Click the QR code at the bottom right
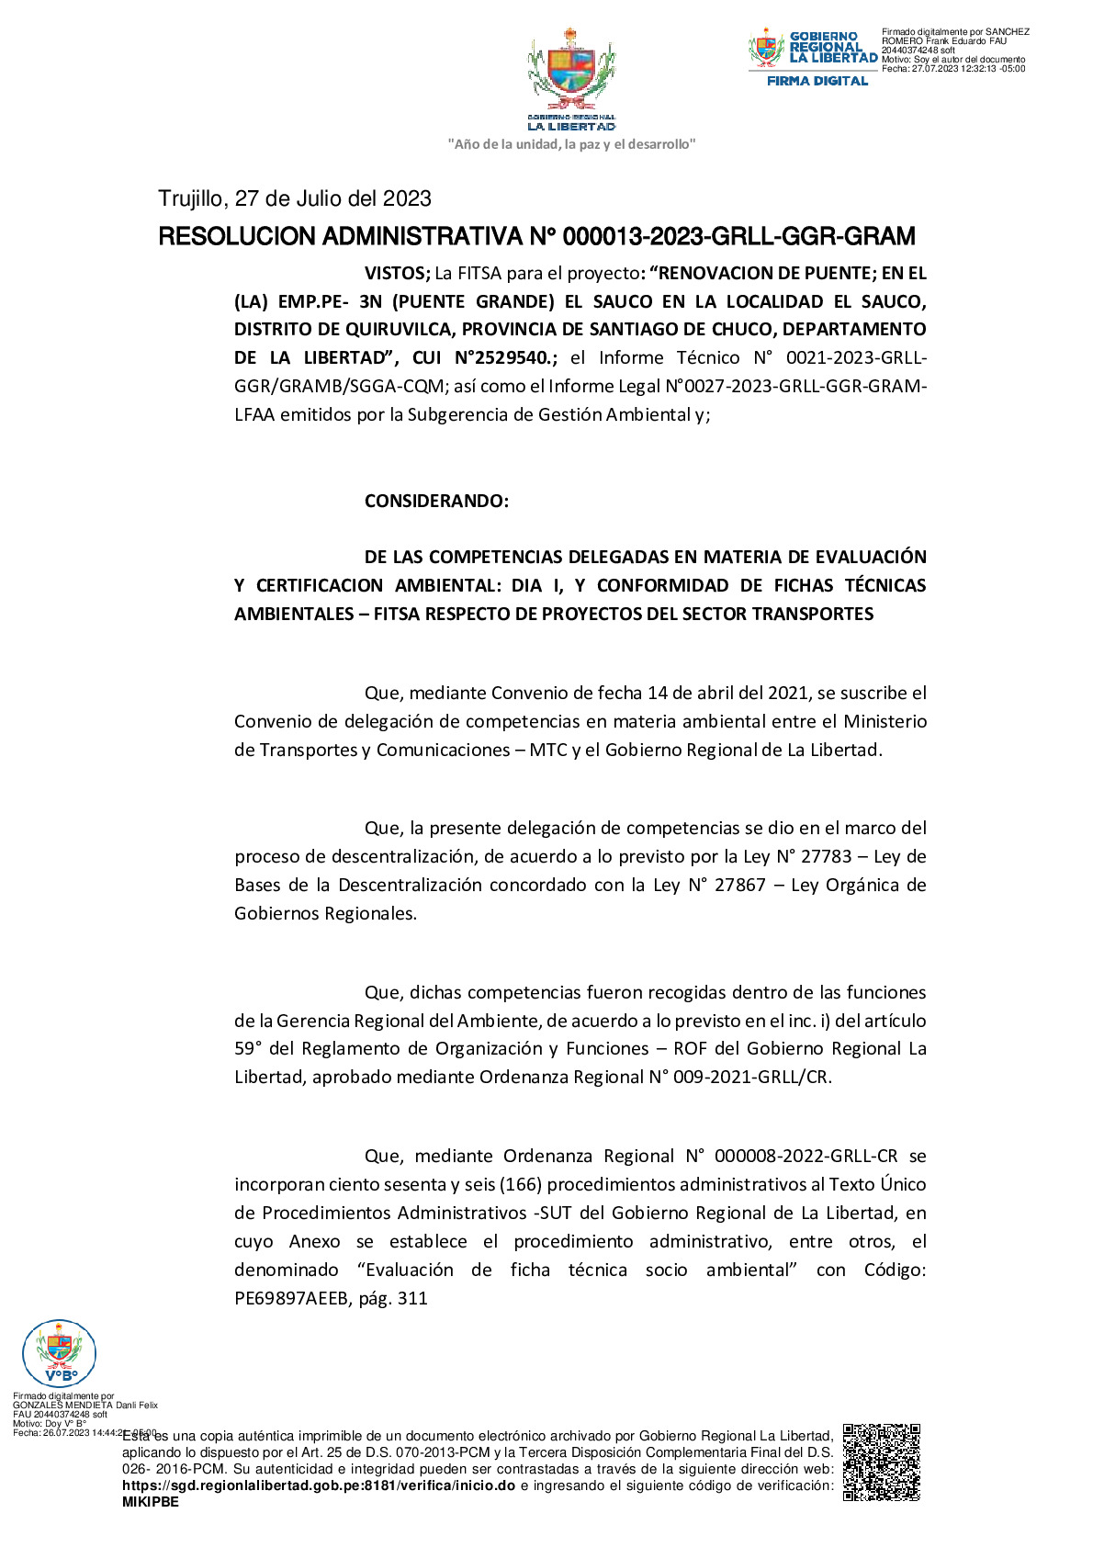coord(881,1462)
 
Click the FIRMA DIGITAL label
coord(817,81)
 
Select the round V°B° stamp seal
coord(59,1352)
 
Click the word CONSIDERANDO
coord(436,501)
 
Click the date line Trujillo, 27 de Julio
coord(295,198)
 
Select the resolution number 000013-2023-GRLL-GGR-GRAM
coord(738,237)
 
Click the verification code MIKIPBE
coord(151,1502)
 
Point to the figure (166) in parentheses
coord(521,1184)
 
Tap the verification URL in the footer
coord(319,1485)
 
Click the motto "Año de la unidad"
coord(571,144)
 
